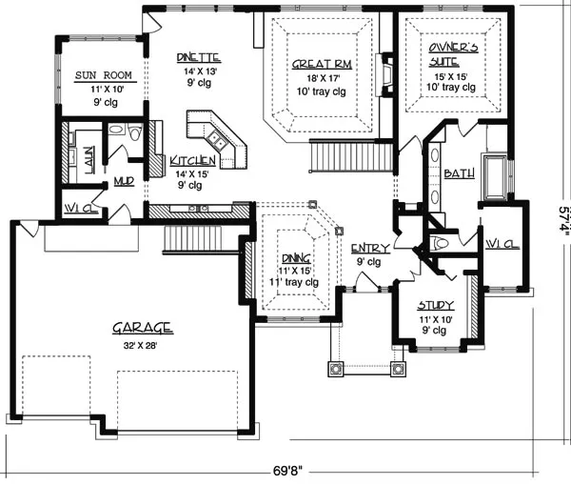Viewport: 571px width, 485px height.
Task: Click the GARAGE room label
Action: point(143,328)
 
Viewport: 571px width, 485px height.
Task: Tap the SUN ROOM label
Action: point(104,75)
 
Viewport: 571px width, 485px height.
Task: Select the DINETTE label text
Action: point(199,57)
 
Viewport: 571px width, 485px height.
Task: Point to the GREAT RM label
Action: point(322,65)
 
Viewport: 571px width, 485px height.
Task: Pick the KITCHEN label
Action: point(192,161)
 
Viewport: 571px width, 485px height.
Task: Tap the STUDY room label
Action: point(436,305)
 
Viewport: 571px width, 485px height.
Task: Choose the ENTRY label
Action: point(370,249)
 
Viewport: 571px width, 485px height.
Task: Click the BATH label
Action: point(460,173)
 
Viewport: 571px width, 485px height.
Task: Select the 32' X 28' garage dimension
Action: point(140,345)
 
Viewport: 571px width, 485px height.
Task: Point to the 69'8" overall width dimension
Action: point(288,471)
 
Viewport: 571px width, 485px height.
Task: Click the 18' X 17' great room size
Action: point(323,78)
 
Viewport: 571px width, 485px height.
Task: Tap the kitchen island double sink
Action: point(216,140)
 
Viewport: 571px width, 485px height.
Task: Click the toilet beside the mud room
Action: point(135,131)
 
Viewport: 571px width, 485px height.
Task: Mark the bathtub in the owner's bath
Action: point(495,177)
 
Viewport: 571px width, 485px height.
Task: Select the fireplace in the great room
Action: point(384,74)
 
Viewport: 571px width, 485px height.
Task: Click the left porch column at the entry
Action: point(335,369)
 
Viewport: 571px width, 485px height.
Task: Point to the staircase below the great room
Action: point(351,157)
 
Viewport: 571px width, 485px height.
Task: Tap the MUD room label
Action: point(124,181)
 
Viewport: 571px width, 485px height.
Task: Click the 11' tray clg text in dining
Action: point(294,282)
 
